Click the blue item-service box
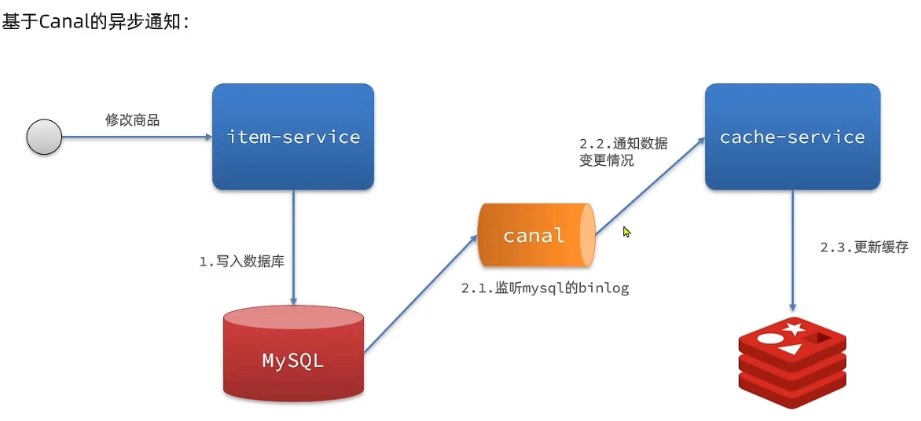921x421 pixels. [293, 137]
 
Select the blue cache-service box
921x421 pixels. [792, 137]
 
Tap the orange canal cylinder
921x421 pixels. [534, 235]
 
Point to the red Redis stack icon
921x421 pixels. [792, 361]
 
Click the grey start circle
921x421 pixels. [44, 137]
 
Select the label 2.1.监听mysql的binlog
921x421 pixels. [545, 288]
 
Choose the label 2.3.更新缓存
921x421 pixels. [864, 247]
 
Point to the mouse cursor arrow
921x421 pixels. [627, 232]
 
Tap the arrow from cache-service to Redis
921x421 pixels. [792, 251]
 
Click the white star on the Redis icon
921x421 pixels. [794, 328]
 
